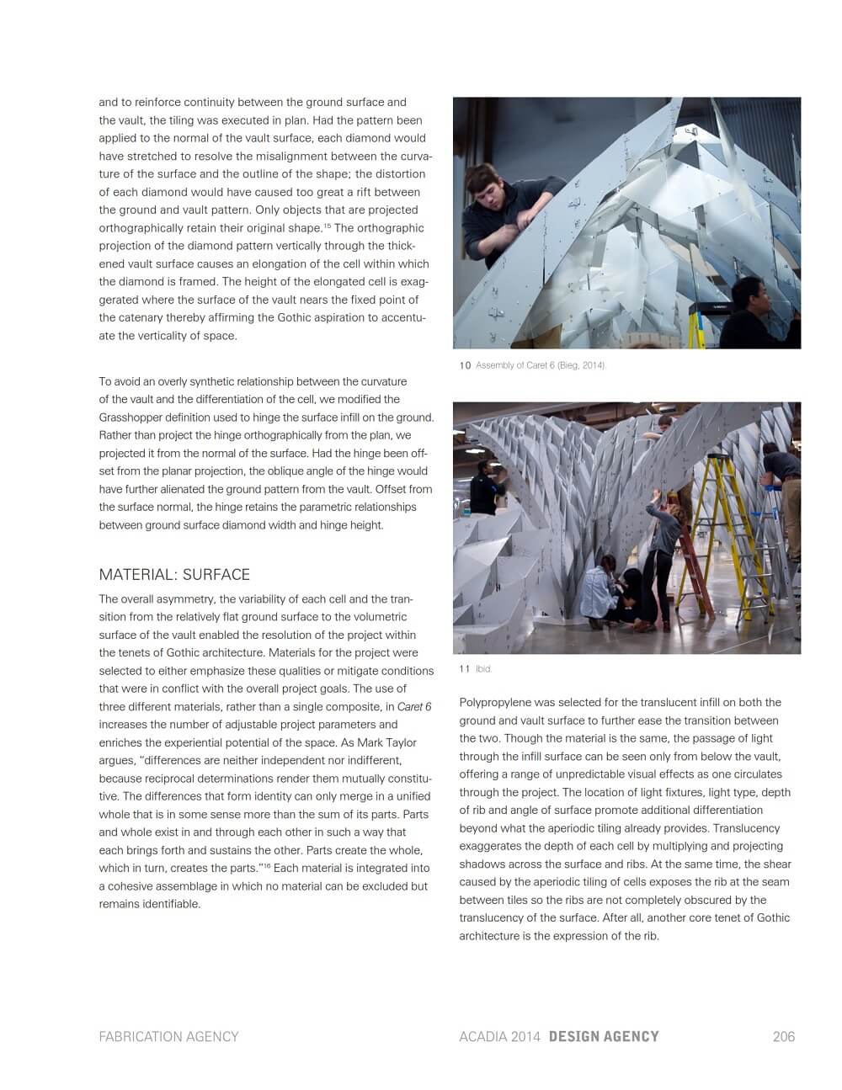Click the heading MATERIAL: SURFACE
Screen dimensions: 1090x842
pyautogui.click(x=174, y=575)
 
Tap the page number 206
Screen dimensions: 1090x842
pyautogui.click(x=783, y=1036)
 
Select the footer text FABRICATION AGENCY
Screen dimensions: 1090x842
pyautogui.click(x=168, y=1036)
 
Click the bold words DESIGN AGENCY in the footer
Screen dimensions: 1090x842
pyautogui.click(x=604, y=1036)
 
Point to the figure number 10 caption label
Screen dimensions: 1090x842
pyautogui.click(x=465, y=365)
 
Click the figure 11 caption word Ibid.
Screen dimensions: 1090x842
pyautogui.click(x=483, y=668)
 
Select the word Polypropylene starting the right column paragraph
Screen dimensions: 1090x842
pyautogui.click(x=496, y=702)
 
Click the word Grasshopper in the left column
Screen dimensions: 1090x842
pyautogui.click(x=134, y=417)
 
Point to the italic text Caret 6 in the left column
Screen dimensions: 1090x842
pyautogui.click(x=414, y=707)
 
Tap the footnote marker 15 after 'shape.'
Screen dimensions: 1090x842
pyautogui.click(x=328, y=226)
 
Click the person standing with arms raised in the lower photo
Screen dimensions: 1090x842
pyautogui.click(x=662, y=547)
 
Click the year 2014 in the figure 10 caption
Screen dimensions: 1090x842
pyautogui.click(x=591, y=365)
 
